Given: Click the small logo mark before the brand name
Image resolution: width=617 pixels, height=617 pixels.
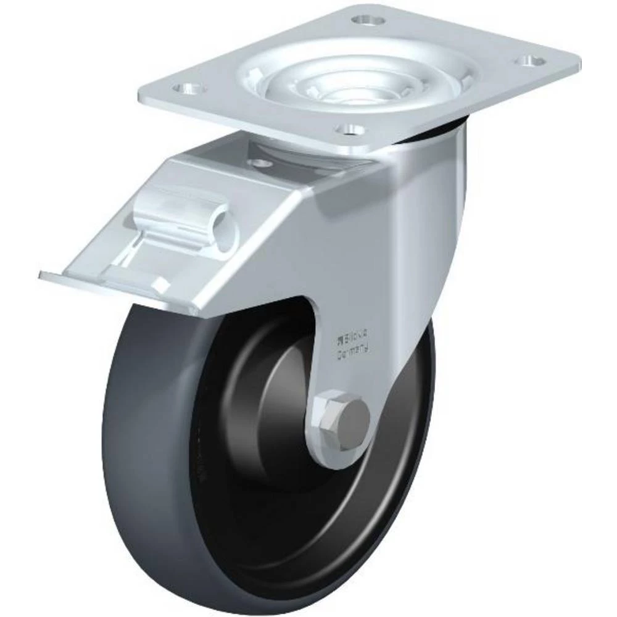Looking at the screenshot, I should tap(339, 337).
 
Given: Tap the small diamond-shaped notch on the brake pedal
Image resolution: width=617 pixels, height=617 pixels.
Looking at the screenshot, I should tap(162, 284).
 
